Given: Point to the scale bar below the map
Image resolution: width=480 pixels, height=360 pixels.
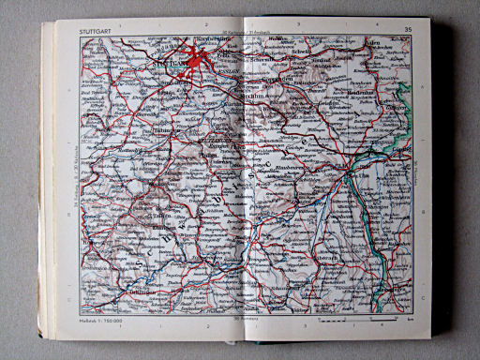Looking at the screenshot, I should (356, 322).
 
